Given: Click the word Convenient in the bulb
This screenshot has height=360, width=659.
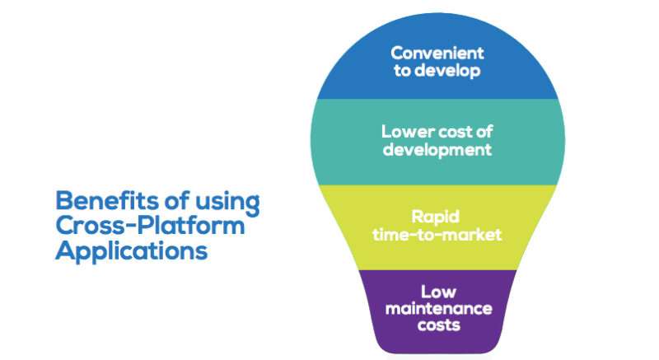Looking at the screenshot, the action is [x=437, y=54].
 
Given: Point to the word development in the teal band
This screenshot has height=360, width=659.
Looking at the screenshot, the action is [x=437, y=150].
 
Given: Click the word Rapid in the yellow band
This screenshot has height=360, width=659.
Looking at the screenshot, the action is [x=436, y=217].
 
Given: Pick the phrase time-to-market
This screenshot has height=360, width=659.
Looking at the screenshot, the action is [x=437, y=235].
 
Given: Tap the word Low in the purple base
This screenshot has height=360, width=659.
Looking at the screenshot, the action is [x=438, y=292].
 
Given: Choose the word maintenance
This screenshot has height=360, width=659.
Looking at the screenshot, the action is [x=438, y=309].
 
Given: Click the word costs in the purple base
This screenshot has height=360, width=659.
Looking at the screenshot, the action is [x=439, y=325].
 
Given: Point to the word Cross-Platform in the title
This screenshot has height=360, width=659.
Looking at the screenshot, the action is [x=150, y=226].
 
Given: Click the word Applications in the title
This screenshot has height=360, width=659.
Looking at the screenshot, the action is [x=132, y=250].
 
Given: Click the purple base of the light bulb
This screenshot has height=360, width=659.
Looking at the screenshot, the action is [x=438, y=311].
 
